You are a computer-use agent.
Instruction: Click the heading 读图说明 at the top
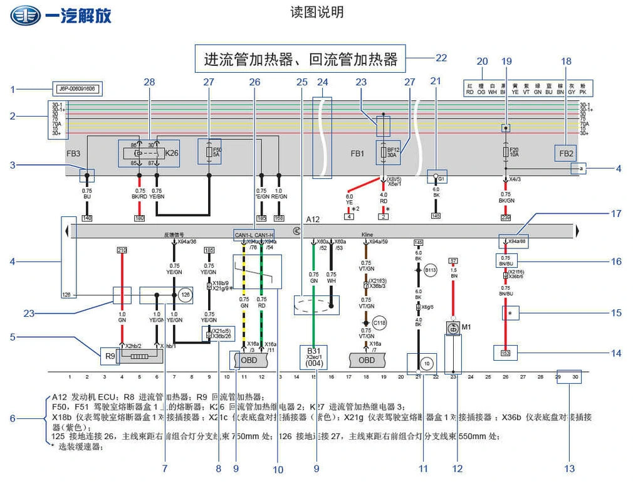pyautogui.click(x=317, y=13)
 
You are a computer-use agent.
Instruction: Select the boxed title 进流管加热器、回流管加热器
pyautogui.click(x=300, y=59)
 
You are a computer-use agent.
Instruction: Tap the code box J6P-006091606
pyautogui.click(x=77, y=89)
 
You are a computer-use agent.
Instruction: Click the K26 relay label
pyautogui.click(x=171, y=153)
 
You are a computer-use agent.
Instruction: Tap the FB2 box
pyautogui.click(x=567, y=153)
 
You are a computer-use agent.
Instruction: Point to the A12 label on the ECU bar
pyautogui.click(x=313, y=220)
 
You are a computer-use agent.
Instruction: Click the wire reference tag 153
pyautogui.click(x=505, y=354)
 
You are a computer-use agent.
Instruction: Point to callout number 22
pyautogui.click(x=441, y=58)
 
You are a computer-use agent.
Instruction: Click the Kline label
pyautogui.click(x=367, y=235)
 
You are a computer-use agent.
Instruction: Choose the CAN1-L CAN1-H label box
pyautogui.click(x=254, y=235)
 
